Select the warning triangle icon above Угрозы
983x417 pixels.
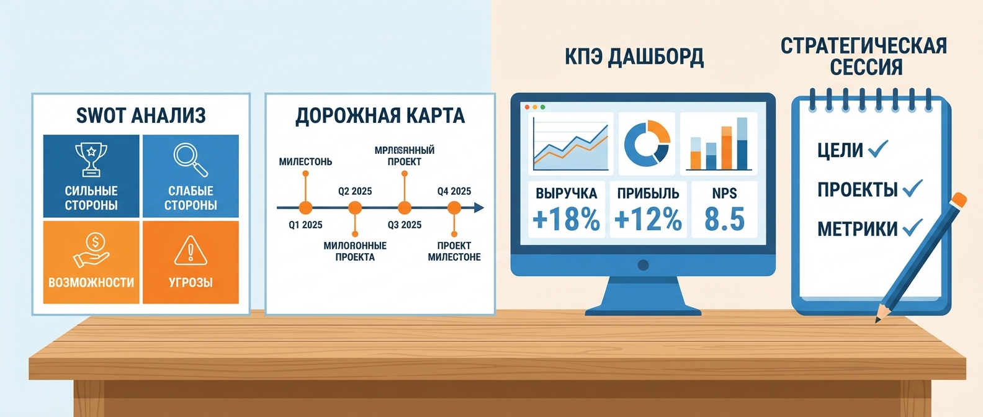[191, 251]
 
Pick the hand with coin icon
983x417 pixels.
[91, 249]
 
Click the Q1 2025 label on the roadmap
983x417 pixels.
[305, 225]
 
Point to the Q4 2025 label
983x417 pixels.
[454, 191]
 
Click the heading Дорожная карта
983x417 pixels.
[380, 116]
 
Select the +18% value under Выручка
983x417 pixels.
[566, 220]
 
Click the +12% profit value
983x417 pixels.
[648, 220]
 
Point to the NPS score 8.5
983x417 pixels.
[724, 220]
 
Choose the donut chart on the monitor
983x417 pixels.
[647, 143]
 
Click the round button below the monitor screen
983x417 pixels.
[643, 266]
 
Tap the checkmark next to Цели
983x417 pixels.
[878, 149]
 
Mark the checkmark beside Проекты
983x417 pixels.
[912, 188]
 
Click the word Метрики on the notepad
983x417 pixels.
[857, 230]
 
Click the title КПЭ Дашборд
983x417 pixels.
[634, 57]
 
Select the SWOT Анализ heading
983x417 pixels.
[141, 115]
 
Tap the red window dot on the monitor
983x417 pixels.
[527, 107]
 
